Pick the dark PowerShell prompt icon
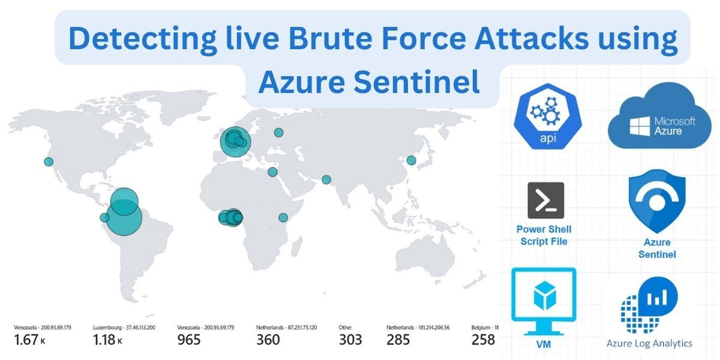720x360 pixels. [x=545, y=200]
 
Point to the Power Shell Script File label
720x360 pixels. [x=544, y=235]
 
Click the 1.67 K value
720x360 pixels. [x=30, y=340]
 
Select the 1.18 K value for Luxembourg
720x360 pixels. [x=107, y=340]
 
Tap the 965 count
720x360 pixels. [x=189, y=340]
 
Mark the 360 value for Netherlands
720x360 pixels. [x=268, y=340]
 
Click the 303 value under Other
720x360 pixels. [x=350, y=340]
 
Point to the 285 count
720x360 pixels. [x=398, y=340]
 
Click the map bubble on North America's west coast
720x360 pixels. [x=49, y=161]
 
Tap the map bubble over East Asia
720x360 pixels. [x=411, y=160]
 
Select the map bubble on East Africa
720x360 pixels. [x=283, y=217]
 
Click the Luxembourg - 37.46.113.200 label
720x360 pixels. [x=124, y=328]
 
